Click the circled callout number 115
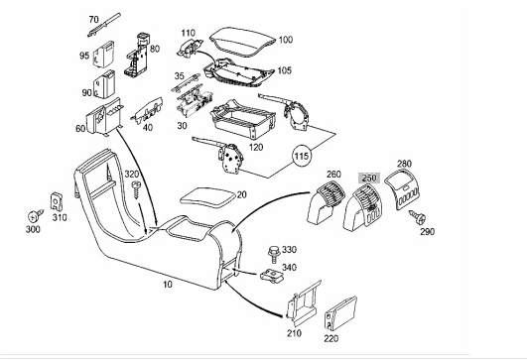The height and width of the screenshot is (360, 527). click(x=302, y=156)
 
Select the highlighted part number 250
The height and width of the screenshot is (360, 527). click(x=369, y=178)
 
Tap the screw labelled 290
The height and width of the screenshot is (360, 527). click(x=417, y=217)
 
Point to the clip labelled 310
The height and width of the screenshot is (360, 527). click(x=57, y=202)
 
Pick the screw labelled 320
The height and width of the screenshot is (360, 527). click(x=136, y=190)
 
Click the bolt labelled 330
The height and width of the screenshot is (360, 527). click(x=274, y=255)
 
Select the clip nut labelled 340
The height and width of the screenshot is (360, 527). click(x=272, y=276)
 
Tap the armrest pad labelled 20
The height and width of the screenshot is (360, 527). click(x=207, y=196)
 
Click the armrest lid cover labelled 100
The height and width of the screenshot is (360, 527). click(x=242, y=42)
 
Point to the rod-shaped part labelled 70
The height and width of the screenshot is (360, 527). click(x=104, y=25)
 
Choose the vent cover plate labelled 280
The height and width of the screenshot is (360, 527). click(x=403, y=188)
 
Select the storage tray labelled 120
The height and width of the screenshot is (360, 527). click(x=243, y=119)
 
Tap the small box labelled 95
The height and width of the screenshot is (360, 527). click(x=103, y=55)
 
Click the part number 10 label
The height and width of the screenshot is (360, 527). click(x=168, y=285)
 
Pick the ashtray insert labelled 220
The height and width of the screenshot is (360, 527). click(x=340, y=313)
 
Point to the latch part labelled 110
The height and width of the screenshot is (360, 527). click(x=190, y=48)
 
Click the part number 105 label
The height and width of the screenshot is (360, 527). click(x=284, y=70)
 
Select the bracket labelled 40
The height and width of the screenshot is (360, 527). click(x=147, y=111)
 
